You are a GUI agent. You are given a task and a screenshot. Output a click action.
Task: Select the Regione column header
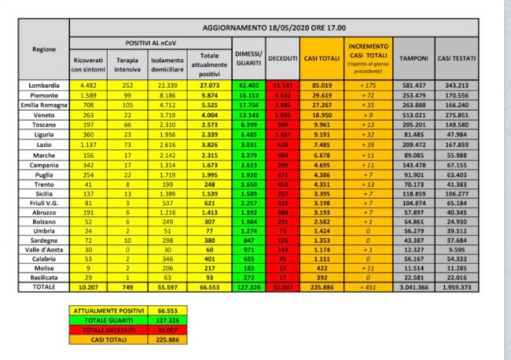44,49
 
